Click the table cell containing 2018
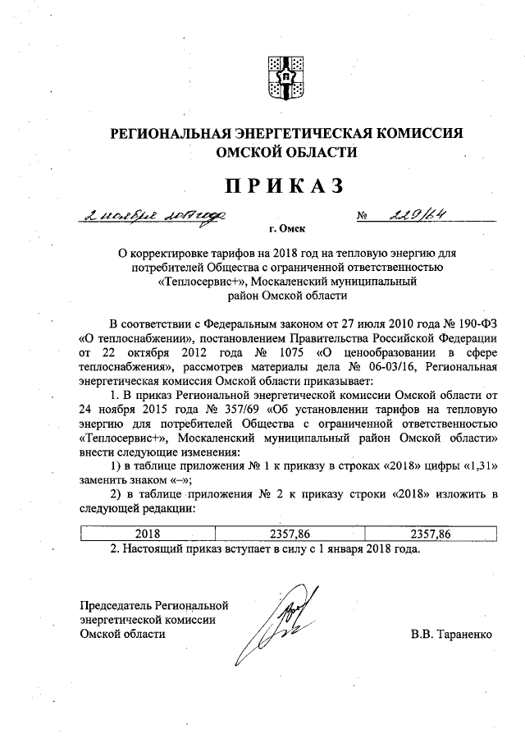[x=148, y=534]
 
